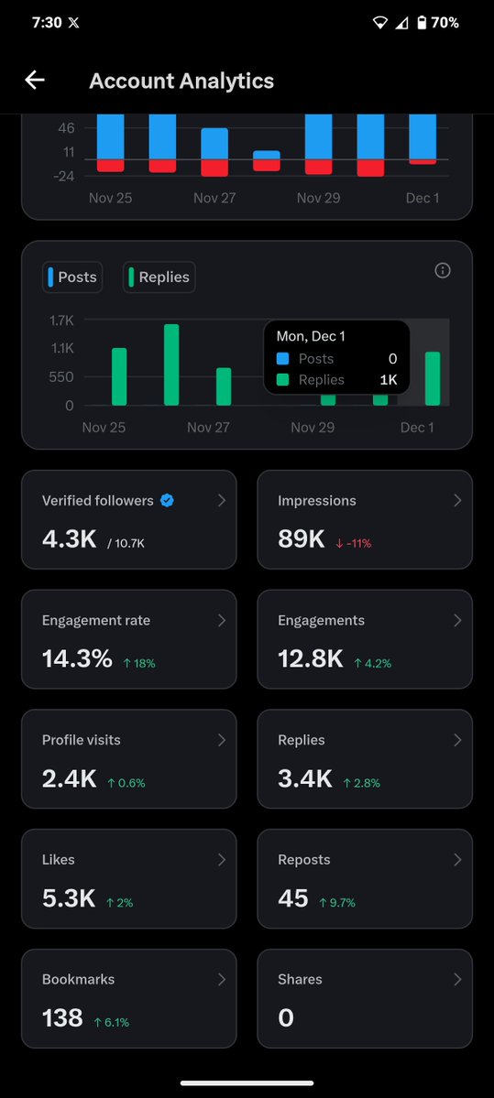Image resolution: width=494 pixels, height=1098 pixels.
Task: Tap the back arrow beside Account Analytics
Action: pos(35,81)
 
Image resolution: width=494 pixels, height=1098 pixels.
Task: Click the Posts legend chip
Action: pos(71,277)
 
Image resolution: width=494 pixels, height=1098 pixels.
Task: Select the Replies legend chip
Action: pos(159,277)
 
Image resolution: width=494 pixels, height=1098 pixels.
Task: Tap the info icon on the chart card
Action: pos(443,270)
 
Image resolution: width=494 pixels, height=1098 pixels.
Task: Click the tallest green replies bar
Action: pos(171,364)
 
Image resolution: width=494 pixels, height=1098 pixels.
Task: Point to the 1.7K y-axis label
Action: pos(61,320)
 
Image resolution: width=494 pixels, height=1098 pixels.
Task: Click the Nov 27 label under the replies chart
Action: pos(208,428)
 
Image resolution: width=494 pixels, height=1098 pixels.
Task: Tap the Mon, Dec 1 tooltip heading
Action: pos(311,336)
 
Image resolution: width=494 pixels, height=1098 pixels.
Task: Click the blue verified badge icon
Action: pos(167,500)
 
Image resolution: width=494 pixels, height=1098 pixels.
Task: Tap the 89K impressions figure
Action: pos(302,539)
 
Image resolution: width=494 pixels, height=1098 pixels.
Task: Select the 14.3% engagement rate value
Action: pos(77,658)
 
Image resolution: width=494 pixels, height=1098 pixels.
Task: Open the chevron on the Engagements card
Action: pos(457,620)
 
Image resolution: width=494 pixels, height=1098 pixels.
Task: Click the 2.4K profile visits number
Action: pos(69,778)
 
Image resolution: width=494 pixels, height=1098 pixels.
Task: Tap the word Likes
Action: pos(59,860)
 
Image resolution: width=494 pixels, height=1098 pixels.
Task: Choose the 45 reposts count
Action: pos(293,898)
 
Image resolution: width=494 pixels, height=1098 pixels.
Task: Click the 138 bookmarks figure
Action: pos(62,1017)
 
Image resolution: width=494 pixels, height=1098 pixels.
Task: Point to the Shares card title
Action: pos(300,979)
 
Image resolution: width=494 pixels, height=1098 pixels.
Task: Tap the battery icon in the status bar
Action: pos(422,23)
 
